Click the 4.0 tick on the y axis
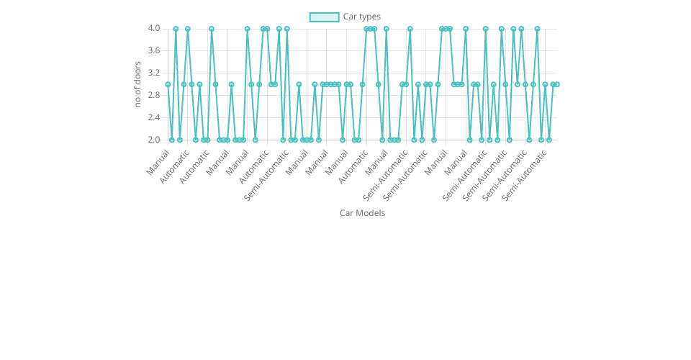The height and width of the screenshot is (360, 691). (154, 28)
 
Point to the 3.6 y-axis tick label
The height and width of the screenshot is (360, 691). (154, 50)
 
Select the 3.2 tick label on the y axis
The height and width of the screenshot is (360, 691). (154, 73)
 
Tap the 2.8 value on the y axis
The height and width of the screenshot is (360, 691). (154, 95)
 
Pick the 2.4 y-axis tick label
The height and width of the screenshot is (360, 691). (154, 117)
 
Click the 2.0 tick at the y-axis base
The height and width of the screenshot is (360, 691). (154, 140)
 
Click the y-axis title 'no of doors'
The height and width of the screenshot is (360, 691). (137, 84)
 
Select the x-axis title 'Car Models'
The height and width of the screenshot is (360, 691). (362, 213)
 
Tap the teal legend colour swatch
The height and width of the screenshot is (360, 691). (324, 17)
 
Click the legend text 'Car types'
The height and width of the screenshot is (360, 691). (361, 17)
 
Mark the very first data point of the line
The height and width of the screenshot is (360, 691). (168, 84)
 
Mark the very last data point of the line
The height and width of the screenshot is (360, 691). (556, 84)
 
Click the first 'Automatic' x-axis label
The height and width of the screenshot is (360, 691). (175, 166)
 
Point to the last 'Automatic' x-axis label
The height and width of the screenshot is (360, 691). (353, 166)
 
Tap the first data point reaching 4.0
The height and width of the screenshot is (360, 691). (176, 29)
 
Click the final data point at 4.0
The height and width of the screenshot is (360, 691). (537, 29)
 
